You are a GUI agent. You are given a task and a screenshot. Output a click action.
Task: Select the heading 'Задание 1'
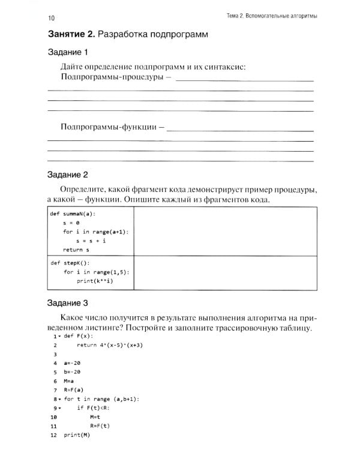tap(68, 52)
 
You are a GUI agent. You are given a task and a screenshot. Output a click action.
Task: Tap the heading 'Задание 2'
tap(68, 175)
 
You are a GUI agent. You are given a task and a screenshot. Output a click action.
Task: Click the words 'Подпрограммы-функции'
tap(109, 127)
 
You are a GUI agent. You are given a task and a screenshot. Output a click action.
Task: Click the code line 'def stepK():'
tap(69, 262)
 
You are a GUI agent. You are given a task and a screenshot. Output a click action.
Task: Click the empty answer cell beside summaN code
tap(225, 231)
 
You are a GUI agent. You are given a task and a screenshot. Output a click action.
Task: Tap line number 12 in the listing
tap(53, 434)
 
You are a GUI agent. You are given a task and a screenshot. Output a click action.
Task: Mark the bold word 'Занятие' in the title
tap(70, 34)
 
